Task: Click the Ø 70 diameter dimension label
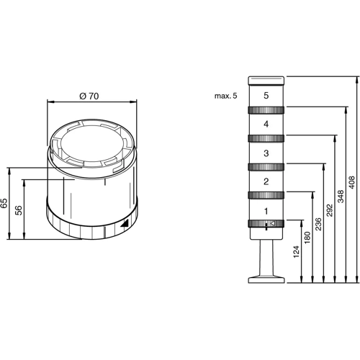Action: (x=89, y=96)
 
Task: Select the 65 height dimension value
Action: (x=4, y=203)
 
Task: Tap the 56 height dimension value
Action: (x=19, y=210)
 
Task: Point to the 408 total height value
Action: (x=351, y=182)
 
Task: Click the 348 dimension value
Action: (x=341, y=196)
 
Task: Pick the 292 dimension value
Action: (x=330, y=210)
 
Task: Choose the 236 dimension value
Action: (x=318, y=224)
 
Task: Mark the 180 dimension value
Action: (x=307, y=238)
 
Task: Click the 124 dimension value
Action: (x=297, y=252)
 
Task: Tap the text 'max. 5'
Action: (x=225, y=96)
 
